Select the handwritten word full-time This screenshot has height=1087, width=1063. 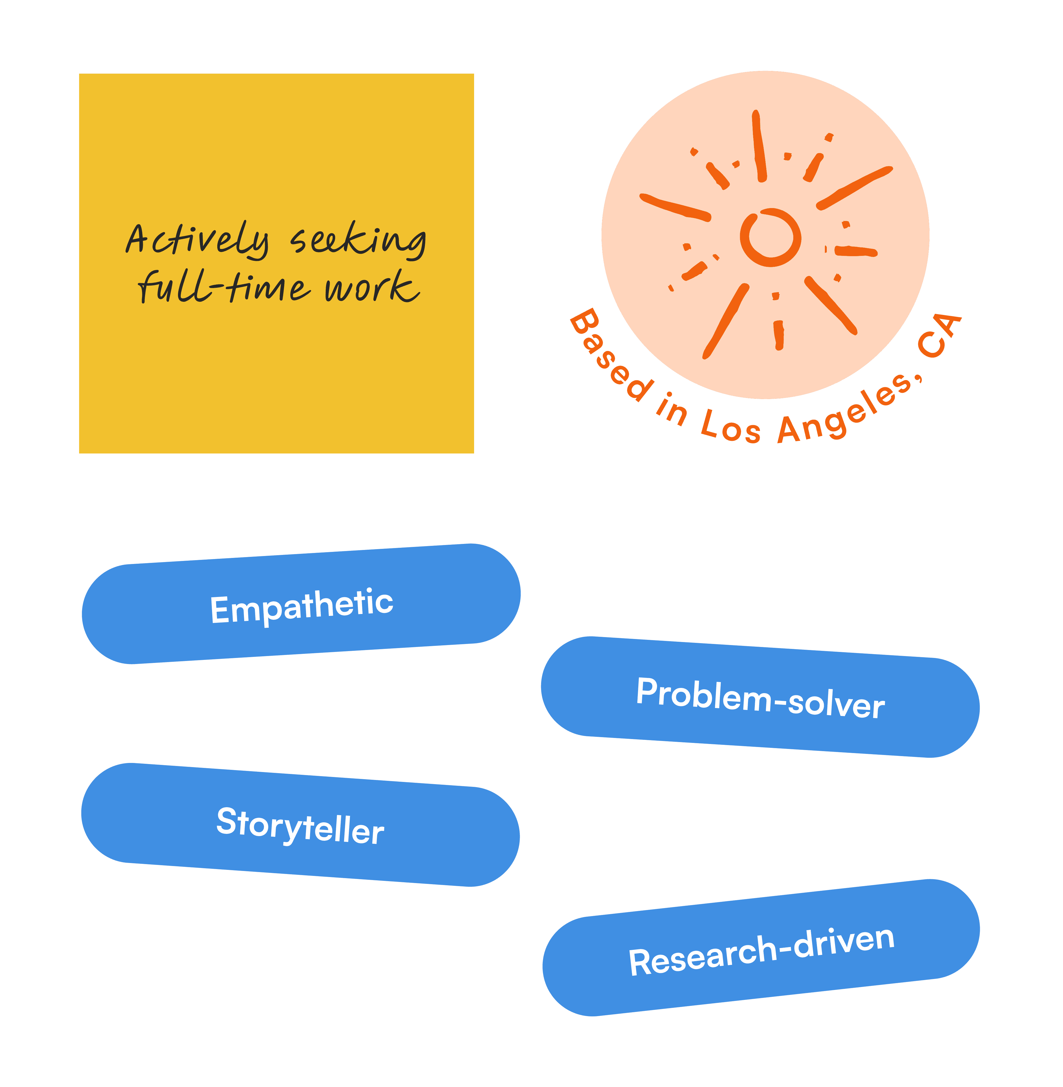click(x=223, y=287)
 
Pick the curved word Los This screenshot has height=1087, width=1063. click(x=730, y=427)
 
